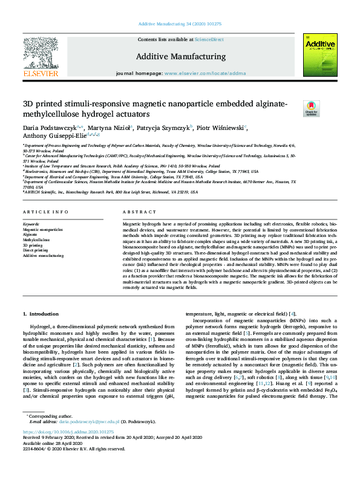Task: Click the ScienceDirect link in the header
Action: (x=209, y=40)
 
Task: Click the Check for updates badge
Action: (x=311, y=108)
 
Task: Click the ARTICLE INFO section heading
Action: (x=43, y=212)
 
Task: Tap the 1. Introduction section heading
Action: (x=41, y=314)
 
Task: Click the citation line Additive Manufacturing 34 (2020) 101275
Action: (x=180, y=24)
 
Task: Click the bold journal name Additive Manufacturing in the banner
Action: (x=180, y=57)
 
